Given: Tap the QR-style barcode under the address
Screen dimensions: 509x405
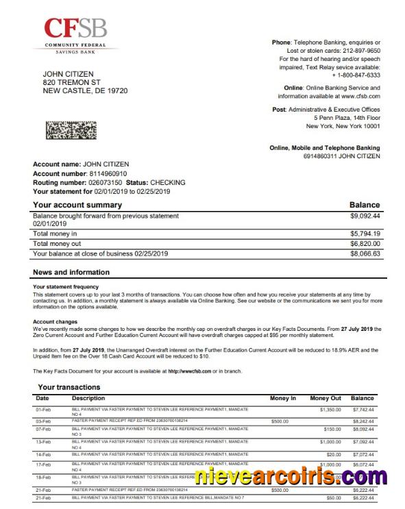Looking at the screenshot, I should coord(71,130).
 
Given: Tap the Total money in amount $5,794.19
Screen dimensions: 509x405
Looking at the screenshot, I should coord(365,234).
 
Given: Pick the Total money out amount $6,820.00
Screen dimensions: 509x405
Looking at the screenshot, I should coord(365,243).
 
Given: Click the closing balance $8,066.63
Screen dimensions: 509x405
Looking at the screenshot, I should coord(365,253).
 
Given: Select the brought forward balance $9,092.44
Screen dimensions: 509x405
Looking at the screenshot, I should coord(365,216).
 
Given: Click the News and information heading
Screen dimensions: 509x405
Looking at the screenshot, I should coord(71,273).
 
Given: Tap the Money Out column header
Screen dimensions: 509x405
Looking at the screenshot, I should coord(325,398).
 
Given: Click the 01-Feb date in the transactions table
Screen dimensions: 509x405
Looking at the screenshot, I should coord(43,409).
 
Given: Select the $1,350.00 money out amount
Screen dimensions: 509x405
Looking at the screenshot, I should coord(330,409).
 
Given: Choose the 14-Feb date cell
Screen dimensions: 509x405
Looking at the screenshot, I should coord(43,454).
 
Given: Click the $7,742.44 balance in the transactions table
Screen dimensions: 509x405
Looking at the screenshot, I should coord(363,409).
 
